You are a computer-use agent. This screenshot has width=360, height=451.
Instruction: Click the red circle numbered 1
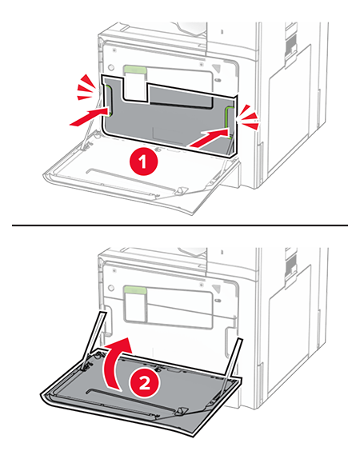tap(143, 162)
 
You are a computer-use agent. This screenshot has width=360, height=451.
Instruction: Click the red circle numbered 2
tap(145, 383)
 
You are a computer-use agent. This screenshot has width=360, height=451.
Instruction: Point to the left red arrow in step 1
tap(90, 117)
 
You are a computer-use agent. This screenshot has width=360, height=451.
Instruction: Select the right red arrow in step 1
tap(209, 138)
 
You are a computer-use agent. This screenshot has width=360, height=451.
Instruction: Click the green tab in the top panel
tap(135, 70)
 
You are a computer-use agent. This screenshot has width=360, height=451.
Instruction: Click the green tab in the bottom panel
tap(135, 290)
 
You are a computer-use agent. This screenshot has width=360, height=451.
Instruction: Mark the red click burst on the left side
tap(86, 87)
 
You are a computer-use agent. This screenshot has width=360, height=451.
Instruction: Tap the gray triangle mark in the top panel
tap(217, 68)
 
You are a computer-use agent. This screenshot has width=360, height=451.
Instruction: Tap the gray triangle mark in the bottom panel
tap(217, 289)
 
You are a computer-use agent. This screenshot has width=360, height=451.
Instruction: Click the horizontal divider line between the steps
tap(180, 225)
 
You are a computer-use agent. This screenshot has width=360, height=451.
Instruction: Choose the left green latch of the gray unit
tap(108, 101)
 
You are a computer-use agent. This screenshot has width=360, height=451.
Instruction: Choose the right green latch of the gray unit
tap(228, 121)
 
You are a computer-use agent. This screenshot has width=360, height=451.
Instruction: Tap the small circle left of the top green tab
tap(110, 68)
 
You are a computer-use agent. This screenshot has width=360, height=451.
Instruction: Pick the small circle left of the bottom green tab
tap(110, 288)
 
